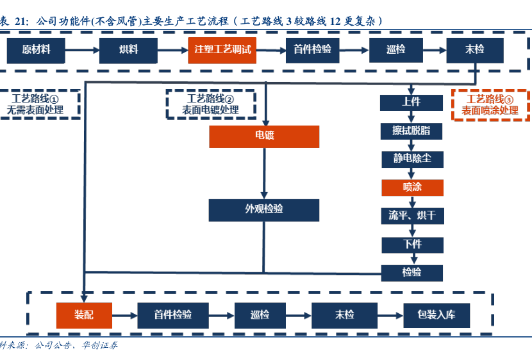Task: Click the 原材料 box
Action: [36, 50]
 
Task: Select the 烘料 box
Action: [128, 50]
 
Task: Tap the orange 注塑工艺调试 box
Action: [222, 50]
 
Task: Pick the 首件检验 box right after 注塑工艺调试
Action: [312, 50]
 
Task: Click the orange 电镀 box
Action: [264, 136]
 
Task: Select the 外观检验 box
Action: [264, 209]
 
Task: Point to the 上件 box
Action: [411, 102]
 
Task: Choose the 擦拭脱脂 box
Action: [411, 131]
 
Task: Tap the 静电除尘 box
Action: [411, 159]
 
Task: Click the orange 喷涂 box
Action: [412, 188]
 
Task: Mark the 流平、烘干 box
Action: [411, 216]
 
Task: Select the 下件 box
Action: [412, 245]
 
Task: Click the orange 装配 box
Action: [84, 315]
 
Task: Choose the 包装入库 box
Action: [436, 315]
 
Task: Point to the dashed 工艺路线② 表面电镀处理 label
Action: [210, 104]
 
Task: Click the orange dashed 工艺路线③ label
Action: [490, 104]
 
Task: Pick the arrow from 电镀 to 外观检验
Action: [263, 173]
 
